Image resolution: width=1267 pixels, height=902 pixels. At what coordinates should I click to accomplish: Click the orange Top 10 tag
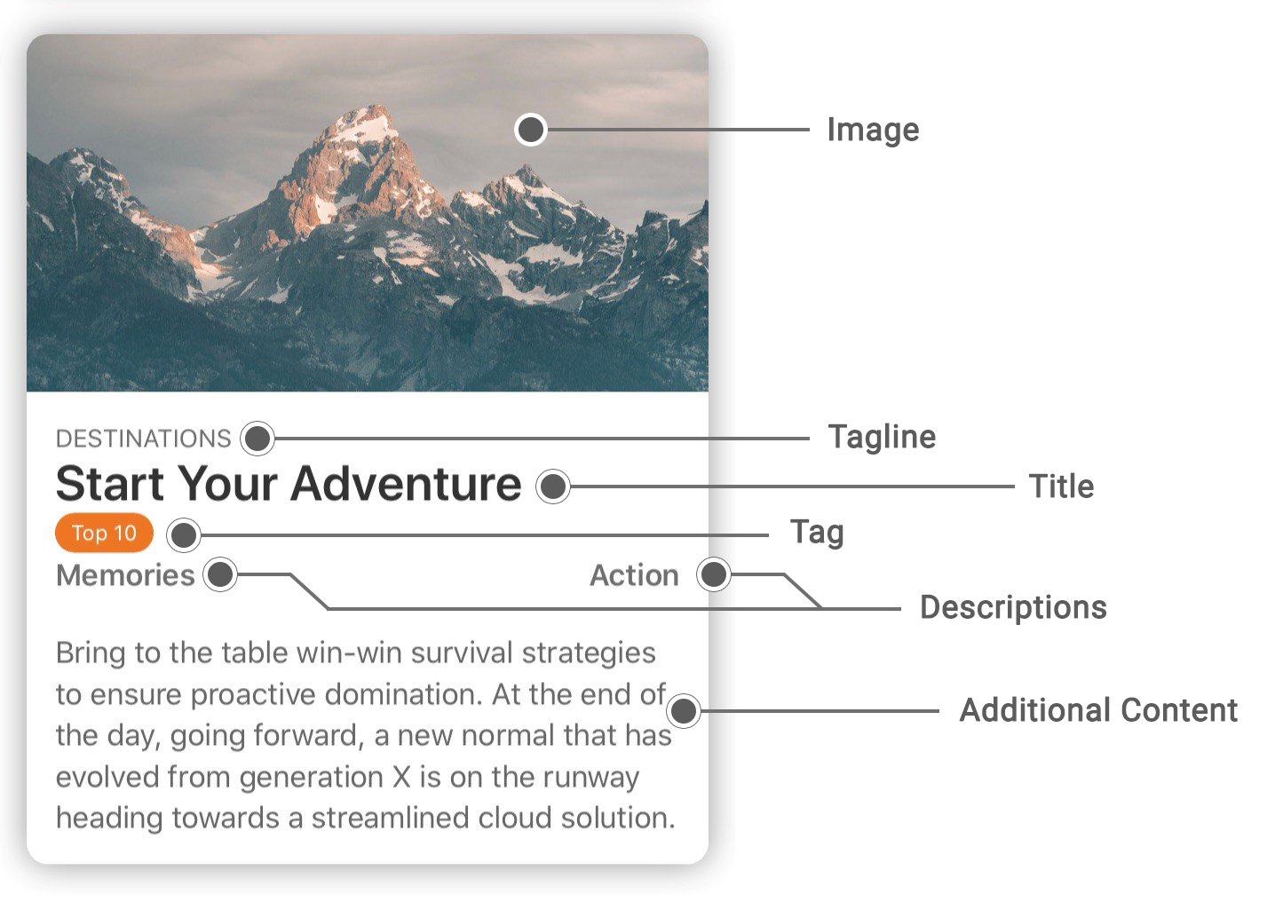pos(104,533)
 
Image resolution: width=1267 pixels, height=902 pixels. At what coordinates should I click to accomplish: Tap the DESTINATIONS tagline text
pos(144,439)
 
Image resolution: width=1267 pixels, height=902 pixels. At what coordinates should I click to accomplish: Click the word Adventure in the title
pos(406,484)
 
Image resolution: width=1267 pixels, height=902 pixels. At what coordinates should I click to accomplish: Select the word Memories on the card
pos(125,575)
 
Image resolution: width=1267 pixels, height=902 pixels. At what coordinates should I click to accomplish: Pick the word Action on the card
pos(634,575)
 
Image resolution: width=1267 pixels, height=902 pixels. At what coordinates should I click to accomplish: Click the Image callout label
pos(874,131)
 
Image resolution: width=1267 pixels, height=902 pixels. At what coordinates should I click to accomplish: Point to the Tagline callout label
pos(882,437)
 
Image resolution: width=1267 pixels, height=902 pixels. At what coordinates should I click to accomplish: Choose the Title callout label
pos(1062,487)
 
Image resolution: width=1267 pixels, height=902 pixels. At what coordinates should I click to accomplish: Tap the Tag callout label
pos(817,533)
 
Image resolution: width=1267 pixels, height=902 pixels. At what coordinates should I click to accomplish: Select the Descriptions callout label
pos(1013,608)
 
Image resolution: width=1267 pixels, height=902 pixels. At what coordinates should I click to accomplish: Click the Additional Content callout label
pos(1098,710)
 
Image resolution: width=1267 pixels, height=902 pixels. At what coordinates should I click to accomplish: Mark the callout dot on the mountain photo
pos(531,130)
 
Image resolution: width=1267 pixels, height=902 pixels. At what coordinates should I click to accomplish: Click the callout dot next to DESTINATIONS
pos(257,439)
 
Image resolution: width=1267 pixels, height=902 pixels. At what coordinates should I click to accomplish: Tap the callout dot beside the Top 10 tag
pos(184,535)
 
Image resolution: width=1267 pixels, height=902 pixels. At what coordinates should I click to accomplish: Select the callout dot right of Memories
pos(220,574)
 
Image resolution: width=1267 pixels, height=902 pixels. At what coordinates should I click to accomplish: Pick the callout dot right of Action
pos(714,574)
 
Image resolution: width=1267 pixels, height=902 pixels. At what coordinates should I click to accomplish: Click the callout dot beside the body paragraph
pos(684,711)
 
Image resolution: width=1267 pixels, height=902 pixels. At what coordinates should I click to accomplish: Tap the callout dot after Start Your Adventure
pos(553,486)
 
